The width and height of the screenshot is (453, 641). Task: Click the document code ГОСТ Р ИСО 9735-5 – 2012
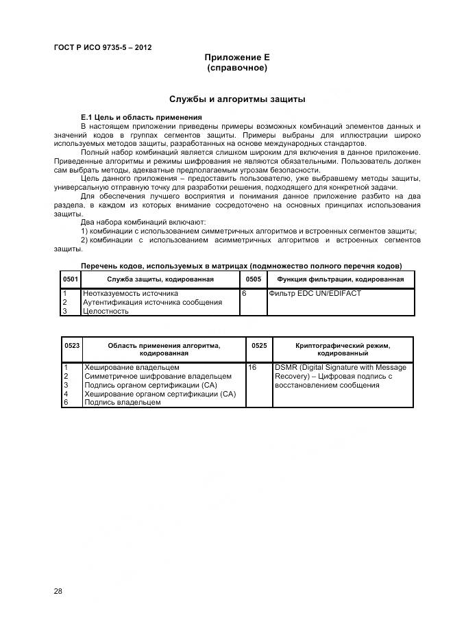coord(102,48)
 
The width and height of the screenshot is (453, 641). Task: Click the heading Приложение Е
coord(237,58)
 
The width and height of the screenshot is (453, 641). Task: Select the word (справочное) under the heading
coord(237,68)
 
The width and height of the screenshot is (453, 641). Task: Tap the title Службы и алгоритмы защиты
coord(237,99)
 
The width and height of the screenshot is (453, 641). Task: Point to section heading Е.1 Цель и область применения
coord(141,117)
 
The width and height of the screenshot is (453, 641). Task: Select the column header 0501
coord(71,279)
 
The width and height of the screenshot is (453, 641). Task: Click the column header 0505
coord(252,279)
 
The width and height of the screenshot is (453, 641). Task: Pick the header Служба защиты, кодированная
coord(160,279)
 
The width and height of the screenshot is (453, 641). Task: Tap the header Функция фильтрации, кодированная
coord(340,279)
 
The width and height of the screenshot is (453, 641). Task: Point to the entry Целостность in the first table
coord(106,311)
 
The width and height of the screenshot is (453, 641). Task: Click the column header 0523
coord(71,346)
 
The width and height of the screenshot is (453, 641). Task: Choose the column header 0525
coord(259,346)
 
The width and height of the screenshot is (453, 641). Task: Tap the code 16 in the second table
coord(252,367)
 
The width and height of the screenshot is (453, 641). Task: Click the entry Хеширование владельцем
coord(132,367)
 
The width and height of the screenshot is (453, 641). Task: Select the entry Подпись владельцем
coord(122,403)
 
